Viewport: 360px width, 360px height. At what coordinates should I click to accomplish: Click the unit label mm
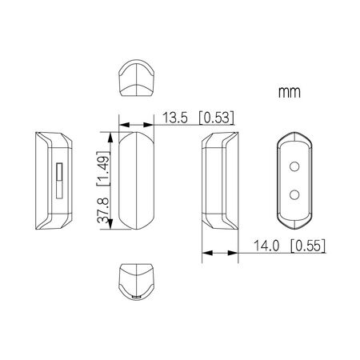290,93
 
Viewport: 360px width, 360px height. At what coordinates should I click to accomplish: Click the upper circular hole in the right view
294,166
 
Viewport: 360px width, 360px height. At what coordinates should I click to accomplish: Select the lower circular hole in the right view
294,194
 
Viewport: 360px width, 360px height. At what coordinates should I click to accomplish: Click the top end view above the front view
135,78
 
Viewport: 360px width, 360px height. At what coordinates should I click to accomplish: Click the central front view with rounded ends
135,181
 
